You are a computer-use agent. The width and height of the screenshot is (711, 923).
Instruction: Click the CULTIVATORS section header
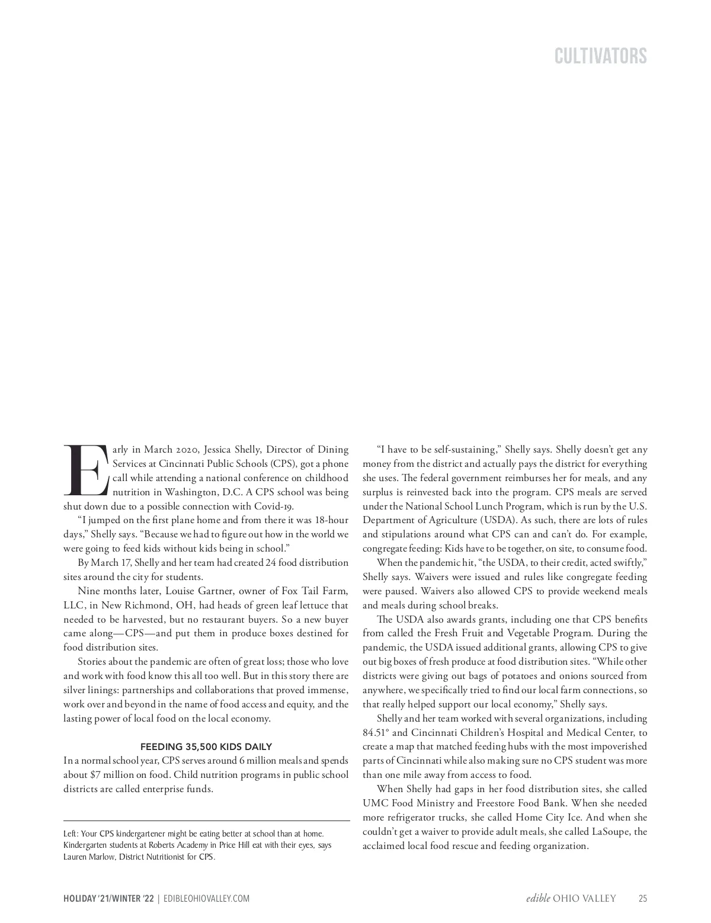tap(601, 56)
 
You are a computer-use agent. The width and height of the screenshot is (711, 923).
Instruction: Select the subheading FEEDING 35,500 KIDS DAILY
tap(206, 746)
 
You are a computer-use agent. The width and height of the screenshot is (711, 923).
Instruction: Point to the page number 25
tap(643, 899)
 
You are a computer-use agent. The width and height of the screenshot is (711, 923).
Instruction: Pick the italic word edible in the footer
tap(538, 899)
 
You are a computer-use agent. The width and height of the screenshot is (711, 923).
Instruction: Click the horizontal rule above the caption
tap(206, 821)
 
